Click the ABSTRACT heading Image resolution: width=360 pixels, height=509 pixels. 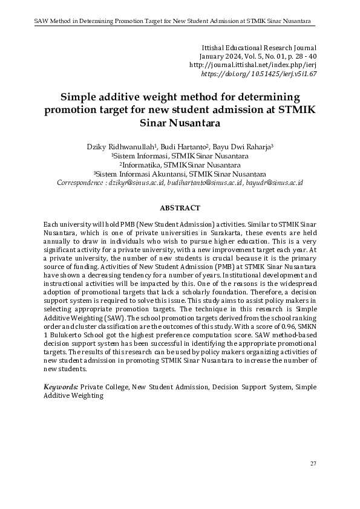pyautogui.click(x=180, y=208)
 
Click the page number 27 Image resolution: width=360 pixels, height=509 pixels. pyautogui.click(x=313, y=464)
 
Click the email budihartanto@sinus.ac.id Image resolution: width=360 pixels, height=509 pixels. pyautogui.click(x=202, y=182)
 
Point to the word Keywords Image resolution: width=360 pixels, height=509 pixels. pyautogui.click(x=61, y=386)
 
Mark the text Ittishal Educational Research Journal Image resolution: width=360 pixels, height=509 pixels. pyautogui.click(x=258, y=47)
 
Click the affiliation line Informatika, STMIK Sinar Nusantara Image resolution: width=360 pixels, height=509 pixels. pyautogui.click(x=180, y=164)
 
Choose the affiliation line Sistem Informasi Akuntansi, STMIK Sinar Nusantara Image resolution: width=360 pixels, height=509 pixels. pyautogui.click(x=180, y=173)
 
